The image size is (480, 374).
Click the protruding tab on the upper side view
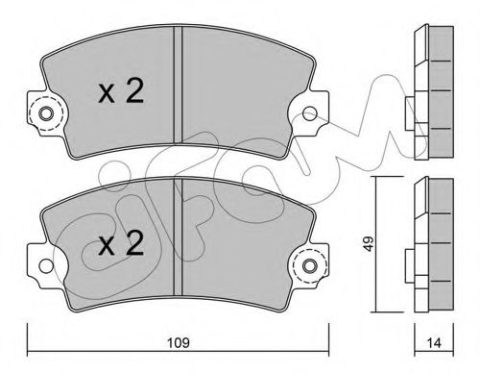(409, 108)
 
